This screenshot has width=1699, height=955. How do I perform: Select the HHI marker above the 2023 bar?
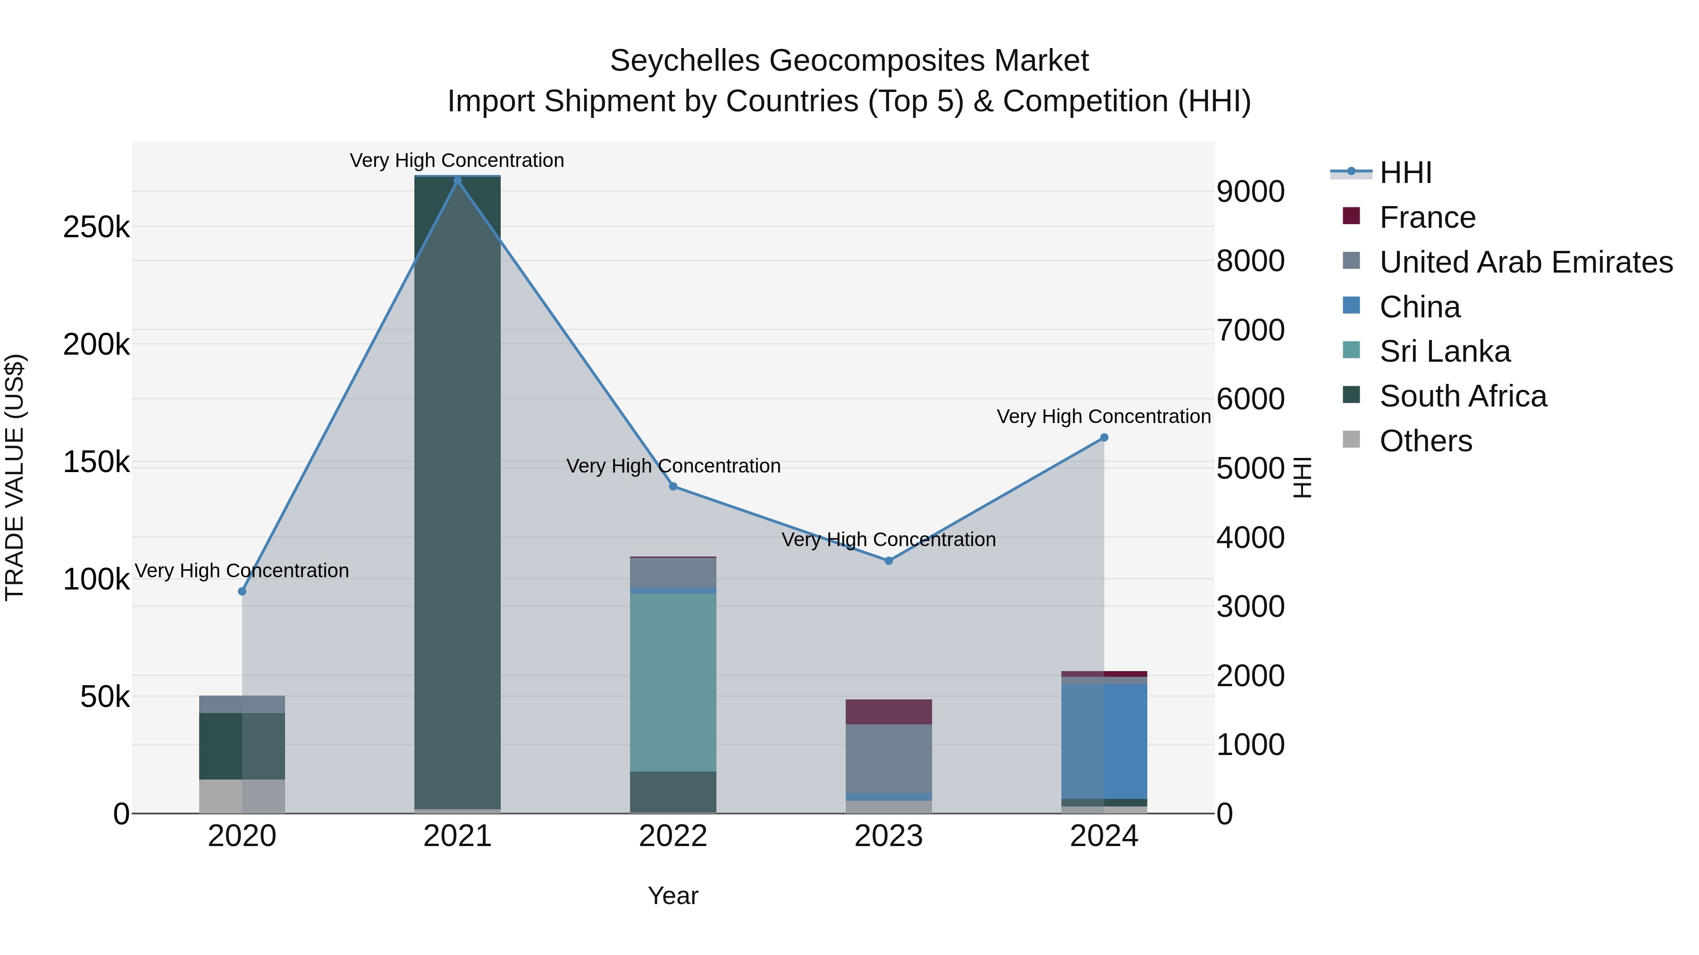(888, 561)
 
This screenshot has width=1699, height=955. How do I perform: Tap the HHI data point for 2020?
(242, 591)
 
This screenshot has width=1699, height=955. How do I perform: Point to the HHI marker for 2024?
(1104, 438)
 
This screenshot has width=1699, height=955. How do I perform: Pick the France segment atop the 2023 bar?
(888, 712)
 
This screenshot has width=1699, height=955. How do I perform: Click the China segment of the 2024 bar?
(1104, 741)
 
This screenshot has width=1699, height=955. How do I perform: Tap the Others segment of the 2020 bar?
(242, 796)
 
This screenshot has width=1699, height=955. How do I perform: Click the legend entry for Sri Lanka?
(1445, 351)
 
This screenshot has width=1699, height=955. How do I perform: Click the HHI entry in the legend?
(1405, 173)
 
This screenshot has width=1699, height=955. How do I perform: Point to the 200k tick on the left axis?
(96, 344)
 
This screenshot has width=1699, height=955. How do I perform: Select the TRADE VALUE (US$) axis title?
(15, 478)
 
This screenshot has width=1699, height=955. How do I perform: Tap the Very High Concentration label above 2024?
(1103, 416)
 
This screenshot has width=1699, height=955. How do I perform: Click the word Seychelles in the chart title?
(685, 61)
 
